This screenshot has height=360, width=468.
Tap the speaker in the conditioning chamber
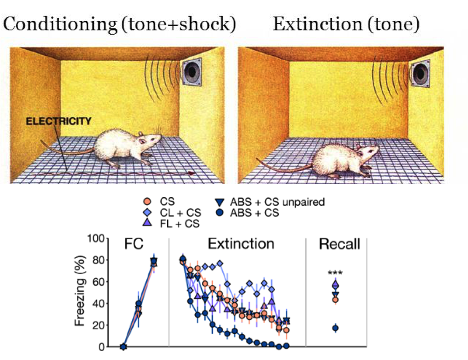(x=191, y=73)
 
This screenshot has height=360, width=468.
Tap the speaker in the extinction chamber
(x=419, y=73)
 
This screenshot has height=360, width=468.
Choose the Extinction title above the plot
(x=241, y=244)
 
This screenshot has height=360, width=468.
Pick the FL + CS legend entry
(x=179, y=224)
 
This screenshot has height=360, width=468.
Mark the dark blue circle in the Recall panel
(x=335, y=328)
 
